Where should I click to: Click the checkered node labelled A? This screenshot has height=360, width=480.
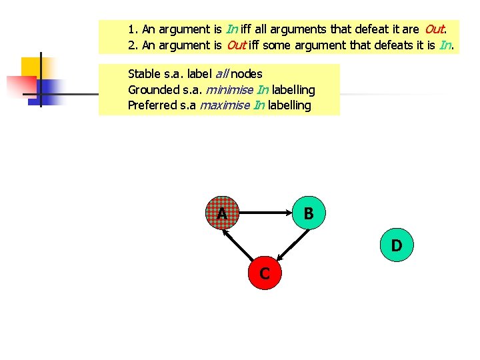(x=222, y=213)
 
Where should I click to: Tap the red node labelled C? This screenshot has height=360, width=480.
(x=265, y=273)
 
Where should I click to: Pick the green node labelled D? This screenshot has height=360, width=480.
(x=397, y=245)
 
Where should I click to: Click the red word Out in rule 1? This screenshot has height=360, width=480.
(x=434, y=29)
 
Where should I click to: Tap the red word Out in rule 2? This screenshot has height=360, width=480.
(x=236, y=45)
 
